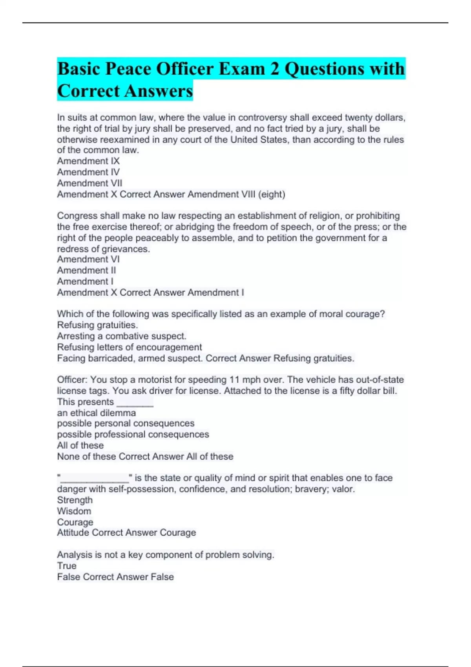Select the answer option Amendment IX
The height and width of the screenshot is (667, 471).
tap(88, 161)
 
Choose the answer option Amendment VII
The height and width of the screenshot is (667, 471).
tap(89, 183)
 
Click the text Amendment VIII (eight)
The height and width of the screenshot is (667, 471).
tap(236, 194)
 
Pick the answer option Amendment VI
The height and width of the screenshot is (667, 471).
tap(88, 259)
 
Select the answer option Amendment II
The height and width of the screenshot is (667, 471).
tap(86, 270)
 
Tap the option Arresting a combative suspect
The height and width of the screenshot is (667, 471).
tap(122, 336)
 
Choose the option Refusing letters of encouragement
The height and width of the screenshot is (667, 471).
tap(130, 347)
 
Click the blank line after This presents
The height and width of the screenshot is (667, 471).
tap(135, 403)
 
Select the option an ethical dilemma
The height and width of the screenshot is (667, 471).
tap(97, 413)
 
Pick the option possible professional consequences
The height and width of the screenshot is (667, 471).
tap(133, 435)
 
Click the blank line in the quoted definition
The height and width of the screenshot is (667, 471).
tap(95, 479)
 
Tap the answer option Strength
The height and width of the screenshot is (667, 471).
tap(75, 500)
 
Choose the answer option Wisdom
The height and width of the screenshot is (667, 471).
tap(74, 511)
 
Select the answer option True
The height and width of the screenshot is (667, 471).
tap(67, 566)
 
